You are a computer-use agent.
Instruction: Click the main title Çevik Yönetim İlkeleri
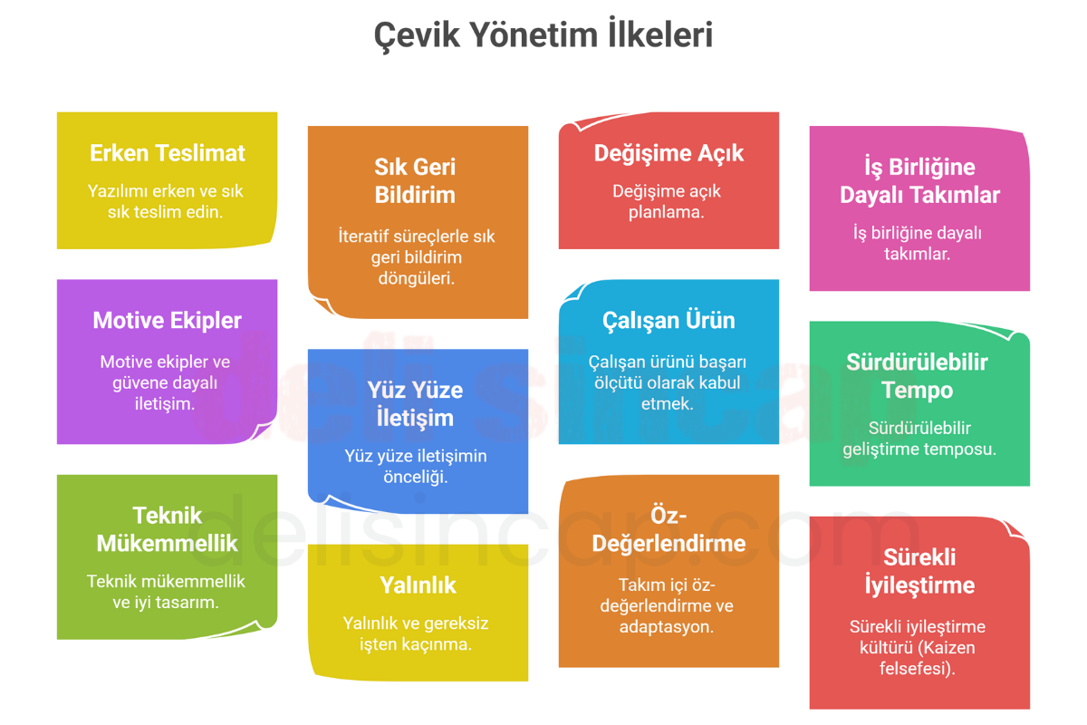pos(543,35)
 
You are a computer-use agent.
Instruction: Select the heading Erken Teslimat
pos(168,153)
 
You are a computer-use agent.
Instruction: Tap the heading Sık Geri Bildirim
pos(415,180)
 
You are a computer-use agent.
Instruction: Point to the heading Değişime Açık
pos(669,154)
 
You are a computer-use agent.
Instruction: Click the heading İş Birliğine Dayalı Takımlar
pos(919,180)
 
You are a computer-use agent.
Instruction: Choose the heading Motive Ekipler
pos(167,321)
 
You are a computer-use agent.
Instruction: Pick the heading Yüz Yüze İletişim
pos(415,403)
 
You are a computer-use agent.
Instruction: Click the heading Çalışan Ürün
pos(669,322)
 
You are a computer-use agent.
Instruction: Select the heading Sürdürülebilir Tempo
pos(917,376)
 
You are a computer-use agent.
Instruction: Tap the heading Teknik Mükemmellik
pos(167,529)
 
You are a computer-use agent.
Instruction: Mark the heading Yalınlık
pos(418,585)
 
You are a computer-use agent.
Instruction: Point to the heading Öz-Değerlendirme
pos(669,529)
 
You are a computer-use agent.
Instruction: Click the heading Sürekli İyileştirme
pos(919,571)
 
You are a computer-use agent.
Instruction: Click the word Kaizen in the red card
pos(945,648)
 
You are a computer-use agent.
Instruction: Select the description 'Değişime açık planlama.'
pos(667,201)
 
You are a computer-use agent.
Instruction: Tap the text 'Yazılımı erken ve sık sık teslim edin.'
pos(166,201)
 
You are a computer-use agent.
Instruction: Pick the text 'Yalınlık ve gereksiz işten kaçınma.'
pos(416,633)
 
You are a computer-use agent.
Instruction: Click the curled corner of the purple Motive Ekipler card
pos(262,430)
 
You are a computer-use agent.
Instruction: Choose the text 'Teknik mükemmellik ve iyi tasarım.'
pos(166,592)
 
